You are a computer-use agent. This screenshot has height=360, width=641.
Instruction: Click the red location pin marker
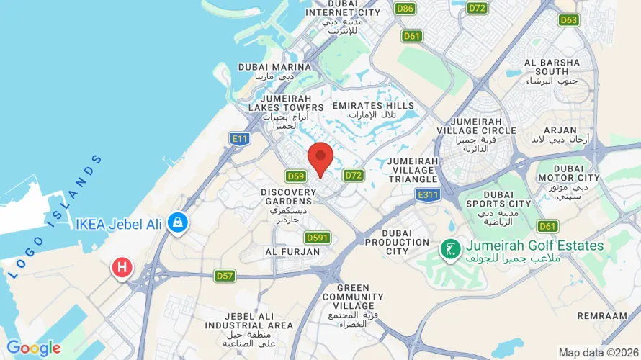click(320, 158)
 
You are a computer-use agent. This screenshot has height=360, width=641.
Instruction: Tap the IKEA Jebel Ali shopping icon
click(176, 223)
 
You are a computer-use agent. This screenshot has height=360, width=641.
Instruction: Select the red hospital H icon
click(122, 268)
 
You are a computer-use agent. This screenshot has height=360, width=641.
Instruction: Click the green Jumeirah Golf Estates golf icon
click(449, 250)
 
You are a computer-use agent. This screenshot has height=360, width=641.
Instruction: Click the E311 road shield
click(427, 194)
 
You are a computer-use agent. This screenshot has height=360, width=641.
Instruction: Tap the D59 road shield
click(295, 176)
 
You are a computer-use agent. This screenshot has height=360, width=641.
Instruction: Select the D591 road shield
click(317, 238)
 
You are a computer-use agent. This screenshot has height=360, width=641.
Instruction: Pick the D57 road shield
click(225, 275)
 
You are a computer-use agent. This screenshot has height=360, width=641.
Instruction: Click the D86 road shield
click(405, 8)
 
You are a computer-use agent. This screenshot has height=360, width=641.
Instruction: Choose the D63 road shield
click(568, 19)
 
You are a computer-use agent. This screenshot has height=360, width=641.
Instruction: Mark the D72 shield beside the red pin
click(353, 175)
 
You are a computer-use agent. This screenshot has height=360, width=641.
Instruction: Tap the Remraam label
click(602, 316)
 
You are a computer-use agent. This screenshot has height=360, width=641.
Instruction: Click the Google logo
click(34, 348)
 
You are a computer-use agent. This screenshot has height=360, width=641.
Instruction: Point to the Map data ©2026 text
click(598, 353)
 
